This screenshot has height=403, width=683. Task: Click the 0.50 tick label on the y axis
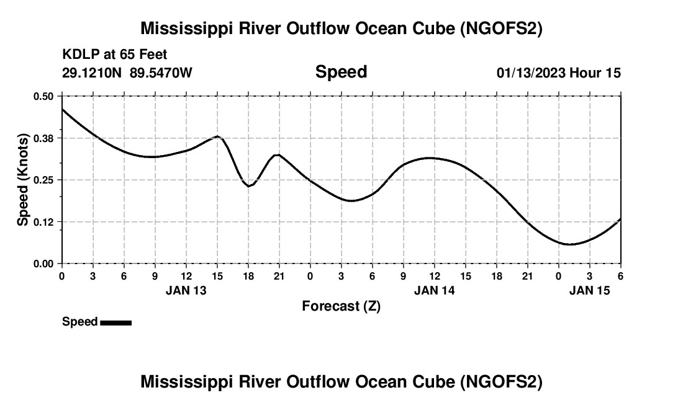(x=44, y=96)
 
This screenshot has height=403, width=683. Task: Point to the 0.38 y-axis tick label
(x=44, y=138)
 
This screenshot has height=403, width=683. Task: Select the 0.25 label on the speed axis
(x=44, y=180)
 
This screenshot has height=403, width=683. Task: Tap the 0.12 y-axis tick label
(x=44, y=222)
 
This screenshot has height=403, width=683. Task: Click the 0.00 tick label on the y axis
(x=44, y=263)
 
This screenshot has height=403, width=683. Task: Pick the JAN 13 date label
(x=186, y=290)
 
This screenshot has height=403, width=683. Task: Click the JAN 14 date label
(x=434, y=290)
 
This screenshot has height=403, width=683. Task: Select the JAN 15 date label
(x=589, y=290)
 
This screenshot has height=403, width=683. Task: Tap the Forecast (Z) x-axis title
(x=341, y=306)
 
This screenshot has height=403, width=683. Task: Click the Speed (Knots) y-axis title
(x=23, y=180)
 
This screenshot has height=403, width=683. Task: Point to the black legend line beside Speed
(x=115, y=322)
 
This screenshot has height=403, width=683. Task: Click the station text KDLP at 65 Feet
(x=115, y=55)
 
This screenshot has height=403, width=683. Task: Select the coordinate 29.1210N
(x=93, y=73)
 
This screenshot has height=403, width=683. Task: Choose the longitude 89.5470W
(x=161, y=73)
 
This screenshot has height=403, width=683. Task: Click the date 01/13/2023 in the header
(x=531, y=73)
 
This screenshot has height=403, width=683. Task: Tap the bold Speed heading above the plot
(x=341, y=72)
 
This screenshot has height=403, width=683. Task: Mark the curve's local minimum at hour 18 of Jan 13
(x=248, y=186)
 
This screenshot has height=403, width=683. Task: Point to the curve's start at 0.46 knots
(x=62, y=109)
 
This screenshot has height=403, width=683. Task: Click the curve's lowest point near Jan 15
(x=569, y=244)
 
